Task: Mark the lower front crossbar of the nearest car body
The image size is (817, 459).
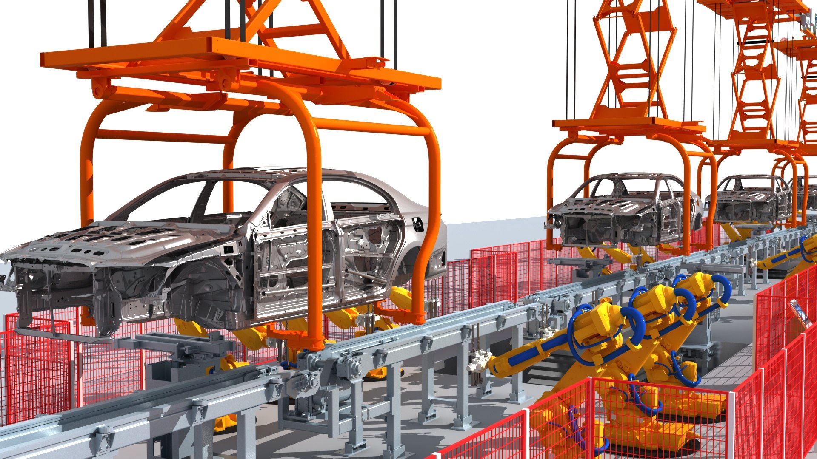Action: [60, 334]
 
